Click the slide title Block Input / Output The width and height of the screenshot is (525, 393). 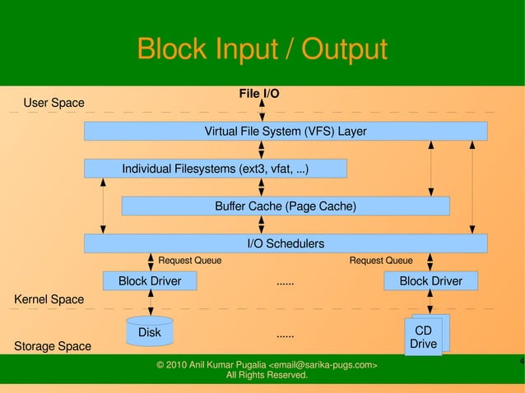click(262, 49)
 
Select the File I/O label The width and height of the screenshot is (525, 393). click(258, 94)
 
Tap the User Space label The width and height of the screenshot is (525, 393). click(53, 103)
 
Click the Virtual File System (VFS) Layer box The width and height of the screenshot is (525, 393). click(286, 132)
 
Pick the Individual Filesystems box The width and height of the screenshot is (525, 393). click(216, 169)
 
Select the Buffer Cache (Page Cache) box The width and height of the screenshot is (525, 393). click(286, 206)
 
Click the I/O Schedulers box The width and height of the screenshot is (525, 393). click(286, 243)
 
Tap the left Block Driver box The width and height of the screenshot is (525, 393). click(150, 281)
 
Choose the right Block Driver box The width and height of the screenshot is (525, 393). click(430, 281)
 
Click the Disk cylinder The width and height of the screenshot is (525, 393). click(150, 331)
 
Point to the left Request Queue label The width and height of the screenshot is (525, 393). click(189, 261)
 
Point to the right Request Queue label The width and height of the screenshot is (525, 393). click(381, 261)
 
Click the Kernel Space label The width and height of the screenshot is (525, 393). click(49, 299)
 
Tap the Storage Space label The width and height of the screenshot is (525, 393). click(53, 346)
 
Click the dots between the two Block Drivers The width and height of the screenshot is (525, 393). click(286, 282)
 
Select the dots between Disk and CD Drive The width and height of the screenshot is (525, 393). click(286, 335)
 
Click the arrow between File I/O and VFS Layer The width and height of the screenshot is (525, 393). click(262, 111)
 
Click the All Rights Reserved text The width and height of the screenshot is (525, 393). click(267, 376)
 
